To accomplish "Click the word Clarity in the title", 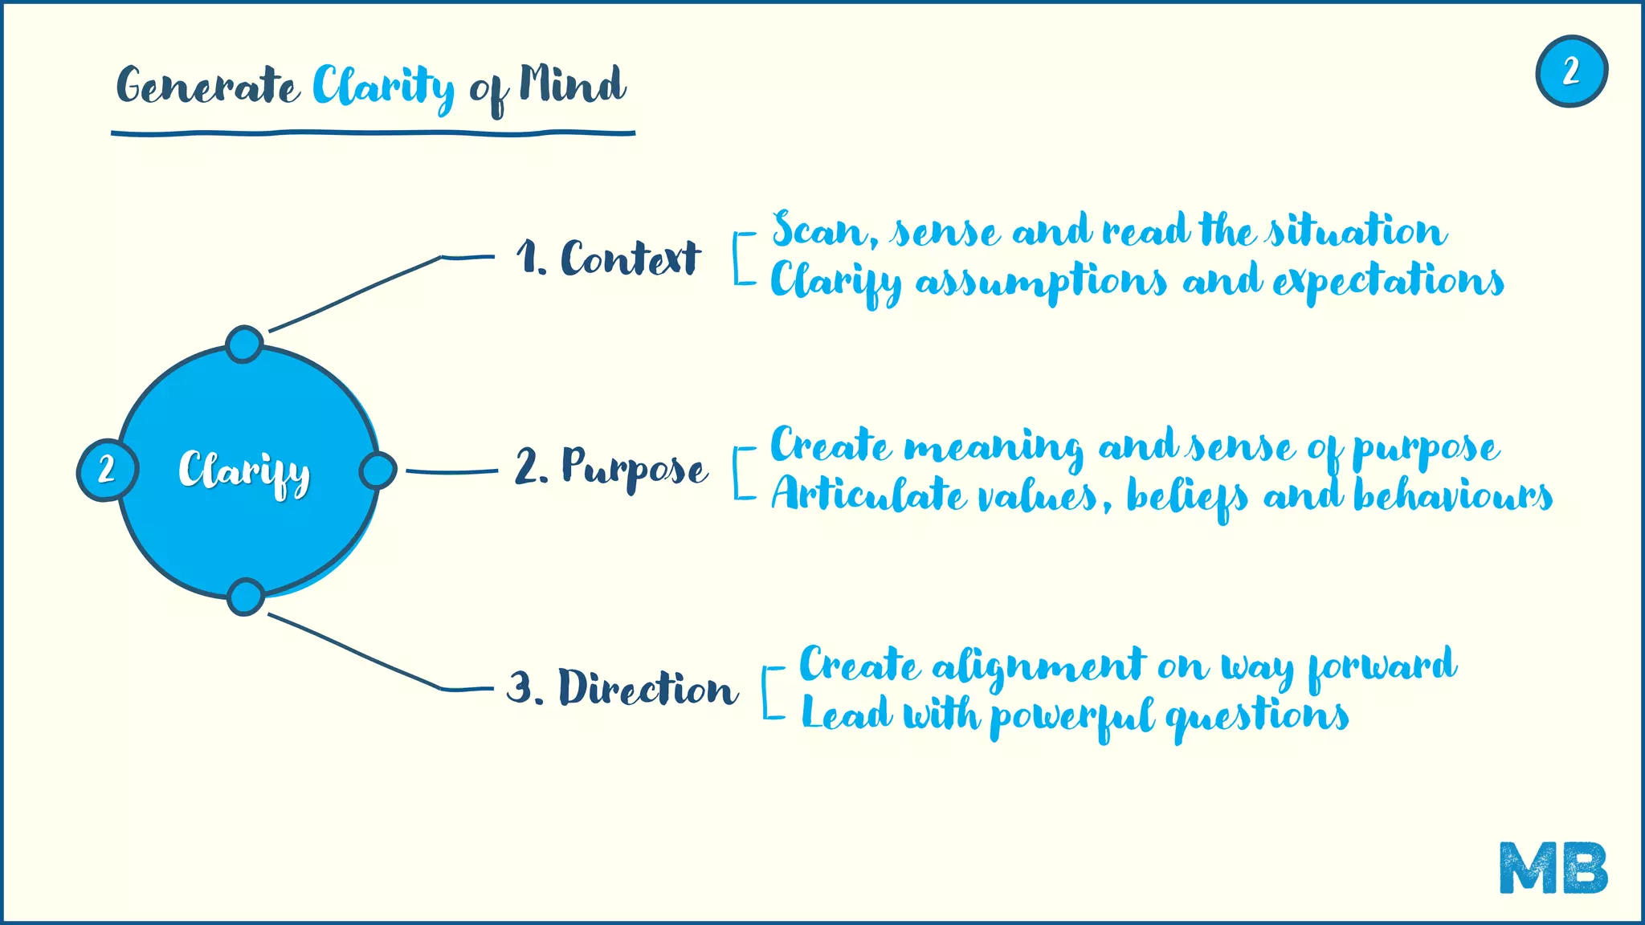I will coord(382,87).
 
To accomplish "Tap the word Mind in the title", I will coord(572,84).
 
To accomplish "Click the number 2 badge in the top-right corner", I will coord(1571,71).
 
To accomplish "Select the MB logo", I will coord(1553,867).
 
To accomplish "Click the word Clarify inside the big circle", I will coord(244,473).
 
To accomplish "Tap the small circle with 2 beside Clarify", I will coord(107,470).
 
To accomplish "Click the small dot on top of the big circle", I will coord(244,344).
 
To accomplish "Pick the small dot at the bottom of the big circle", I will coord(245,597).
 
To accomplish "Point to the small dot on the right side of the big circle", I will coord(377,471).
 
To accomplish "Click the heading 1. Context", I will coord(608,258).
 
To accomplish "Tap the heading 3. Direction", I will coord(622,688).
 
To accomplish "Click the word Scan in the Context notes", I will coord(819,230).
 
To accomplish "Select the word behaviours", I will coord(1453,495).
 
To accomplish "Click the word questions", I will coord(1257,715).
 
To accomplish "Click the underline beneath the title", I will coord(373,132).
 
